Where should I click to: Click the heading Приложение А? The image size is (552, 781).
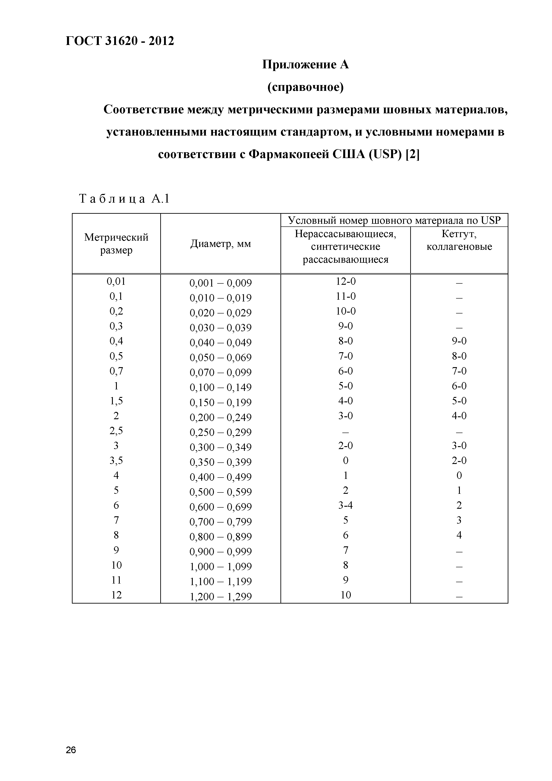click(305, 64)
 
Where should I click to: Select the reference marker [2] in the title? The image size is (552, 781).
click(413, 155)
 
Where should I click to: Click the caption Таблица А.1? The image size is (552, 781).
click(124, 198)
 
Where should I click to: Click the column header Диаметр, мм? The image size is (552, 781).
click(220, 244)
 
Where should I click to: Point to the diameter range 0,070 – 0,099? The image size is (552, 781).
click(220, 372)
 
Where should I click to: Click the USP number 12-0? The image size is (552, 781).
click(345, 281)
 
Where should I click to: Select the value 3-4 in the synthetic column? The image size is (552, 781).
click(345, 505)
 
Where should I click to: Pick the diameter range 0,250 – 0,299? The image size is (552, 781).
click(220, 432)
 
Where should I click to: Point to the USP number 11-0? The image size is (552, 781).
click(345, 296)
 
